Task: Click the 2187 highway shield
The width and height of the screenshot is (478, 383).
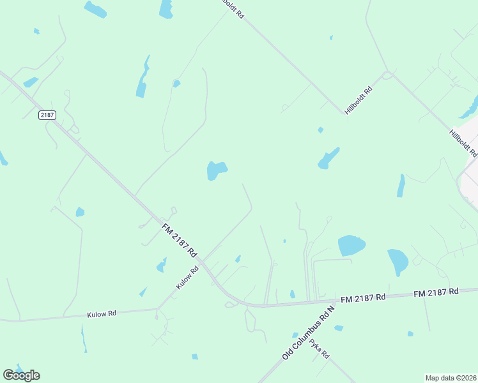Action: click(x=47, y=115)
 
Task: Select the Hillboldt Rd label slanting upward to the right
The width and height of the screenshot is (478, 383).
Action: click(x=358, y=100)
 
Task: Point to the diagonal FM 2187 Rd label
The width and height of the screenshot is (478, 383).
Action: click(x=180, y=240)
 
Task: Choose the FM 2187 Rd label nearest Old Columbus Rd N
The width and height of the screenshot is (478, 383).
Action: click(x=363, y=297)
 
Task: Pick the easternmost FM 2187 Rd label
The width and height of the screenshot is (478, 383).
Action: click(x=436, y=292)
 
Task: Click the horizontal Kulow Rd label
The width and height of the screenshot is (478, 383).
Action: click(x=102, y=314)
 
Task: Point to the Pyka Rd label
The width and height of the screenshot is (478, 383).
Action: click(x=319, y=349)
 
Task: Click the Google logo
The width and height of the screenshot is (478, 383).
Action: click(x=21, y=375)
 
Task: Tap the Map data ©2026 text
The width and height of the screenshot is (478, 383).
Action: click(x=451, y=378)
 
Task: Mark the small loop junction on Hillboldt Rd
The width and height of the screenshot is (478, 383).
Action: click(x=387, y=75)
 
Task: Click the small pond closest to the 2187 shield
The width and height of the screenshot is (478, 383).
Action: click(x=31, y=82)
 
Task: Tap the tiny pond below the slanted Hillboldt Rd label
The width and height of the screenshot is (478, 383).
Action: click(x=320, y=130)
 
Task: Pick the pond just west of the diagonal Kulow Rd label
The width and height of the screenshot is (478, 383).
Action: click(x=162, y=265)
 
